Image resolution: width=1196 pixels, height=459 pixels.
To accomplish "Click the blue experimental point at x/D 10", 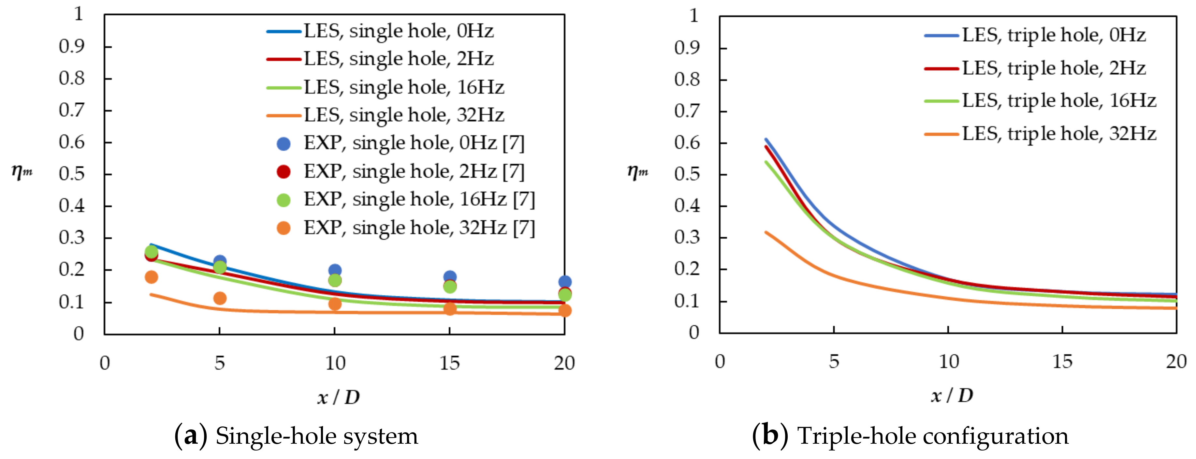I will click(335, 270).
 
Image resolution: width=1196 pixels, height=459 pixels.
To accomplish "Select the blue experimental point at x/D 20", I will click(564, 282).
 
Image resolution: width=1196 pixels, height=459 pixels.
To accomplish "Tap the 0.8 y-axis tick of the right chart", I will click(687, 80).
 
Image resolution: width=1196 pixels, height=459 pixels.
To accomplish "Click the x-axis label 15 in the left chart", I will click(449, 363).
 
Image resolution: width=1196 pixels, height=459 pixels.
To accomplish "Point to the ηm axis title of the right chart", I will click(637, 172).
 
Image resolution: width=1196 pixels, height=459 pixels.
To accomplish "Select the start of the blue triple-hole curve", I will click(766, 140).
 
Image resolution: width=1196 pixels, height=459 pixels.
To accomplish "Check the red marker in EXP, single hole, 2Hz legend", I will click(283, 171).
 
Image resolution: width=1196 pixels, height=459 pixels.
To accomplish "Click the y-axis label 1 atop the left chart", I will click(79, 14).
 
